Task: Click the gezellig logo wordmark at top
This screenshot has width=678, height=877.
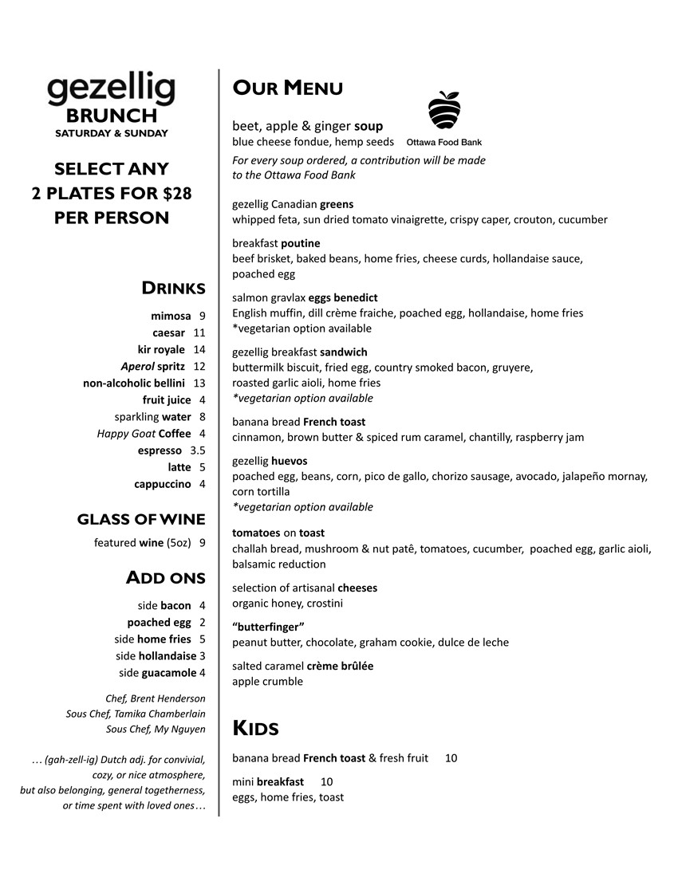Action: point(111,91)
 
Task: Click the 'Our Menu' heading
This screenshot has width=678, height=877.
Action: point(287,88)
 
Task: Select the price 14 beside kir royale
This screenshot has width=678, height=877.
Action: point(199,349)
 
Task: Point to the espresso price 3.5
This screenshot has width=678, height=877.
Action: point(198,450)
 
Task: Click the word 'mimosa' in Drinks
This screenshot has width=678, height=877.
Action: point(171,316)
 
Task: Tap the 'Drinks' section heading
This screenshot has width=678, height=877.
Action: point(173,288)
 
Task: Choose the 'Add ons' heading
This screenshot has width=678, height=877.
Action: point(165,577)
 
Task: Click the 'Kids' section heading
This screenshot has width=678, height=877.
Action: point(255,728)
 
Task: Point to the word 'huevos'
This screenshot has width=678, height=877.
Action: point(289,461)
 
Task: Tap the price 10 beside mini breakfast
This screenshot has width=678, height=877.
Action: point(326,781)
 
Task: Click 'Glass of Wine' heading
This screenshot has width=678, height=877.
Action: point(141,520)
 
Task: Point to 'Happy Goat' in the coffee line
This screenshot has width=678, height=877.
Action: point(126,434)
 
